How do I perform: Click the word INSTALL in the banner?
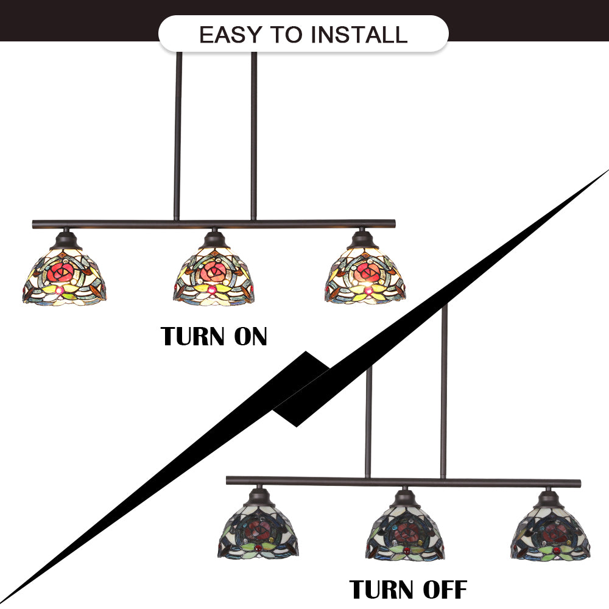pos(359,35)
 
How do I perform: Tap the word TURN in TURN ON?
pos(192,336)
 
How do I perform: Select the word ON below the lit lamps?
pos(250,336)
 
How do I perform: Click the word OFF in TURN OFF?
pos(445,590)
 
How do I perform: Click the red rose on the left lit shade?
pos(60,273)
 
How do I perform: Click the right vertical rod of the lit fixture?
pos(253,136)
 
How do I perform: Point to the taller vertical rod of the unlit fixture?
pos(444,390)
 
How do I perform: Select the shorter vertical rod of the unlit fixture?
pos(368,421)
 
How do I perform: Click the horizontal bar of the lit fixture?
pos(214,224)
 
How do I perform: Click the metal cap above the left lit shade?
pos(66,240)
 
